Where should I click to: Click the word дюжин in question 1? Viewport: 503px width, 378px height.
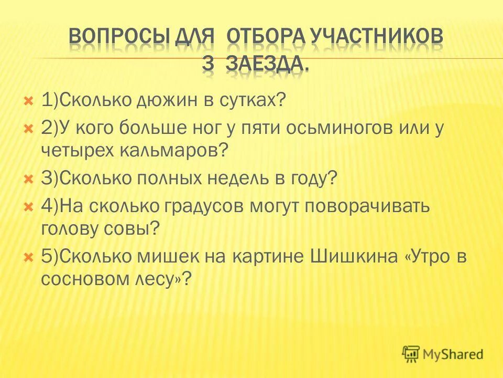[168, 101]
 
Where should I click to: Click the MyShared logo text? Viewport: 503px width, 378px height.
[453, 354]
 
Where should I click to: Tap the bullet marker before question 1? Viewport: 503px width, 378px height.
[30, 101]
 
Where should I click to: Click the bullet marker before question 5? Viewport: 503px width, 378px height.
[30, 257]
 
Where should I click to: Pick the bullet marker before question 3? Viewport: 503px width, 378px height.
[30, 180]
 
